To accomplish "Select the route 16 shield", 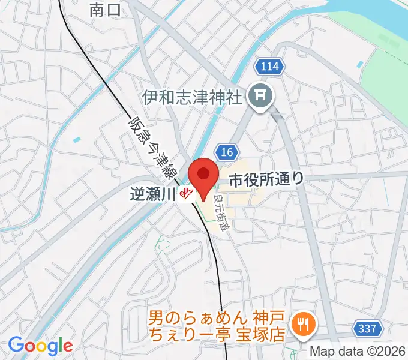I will (226, 152).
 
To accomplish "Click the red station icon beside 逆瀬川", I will (187, 194).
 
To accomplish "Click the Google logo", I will (40, 346).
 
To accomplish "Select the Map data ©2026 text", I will (358, 352).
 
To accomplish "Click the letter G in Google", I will (16, 345).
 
